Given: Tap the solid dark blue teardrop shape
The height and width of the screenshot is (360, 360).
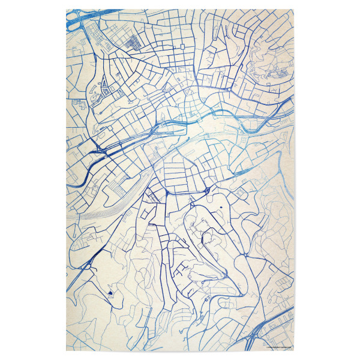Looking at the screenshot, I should [110, 292].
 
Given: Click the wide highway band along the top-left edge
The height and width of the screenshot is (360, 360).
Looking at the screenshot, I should [90, 15].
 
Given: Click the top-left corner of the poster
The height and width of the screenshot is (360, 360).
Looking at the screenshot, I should [66, 10].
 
